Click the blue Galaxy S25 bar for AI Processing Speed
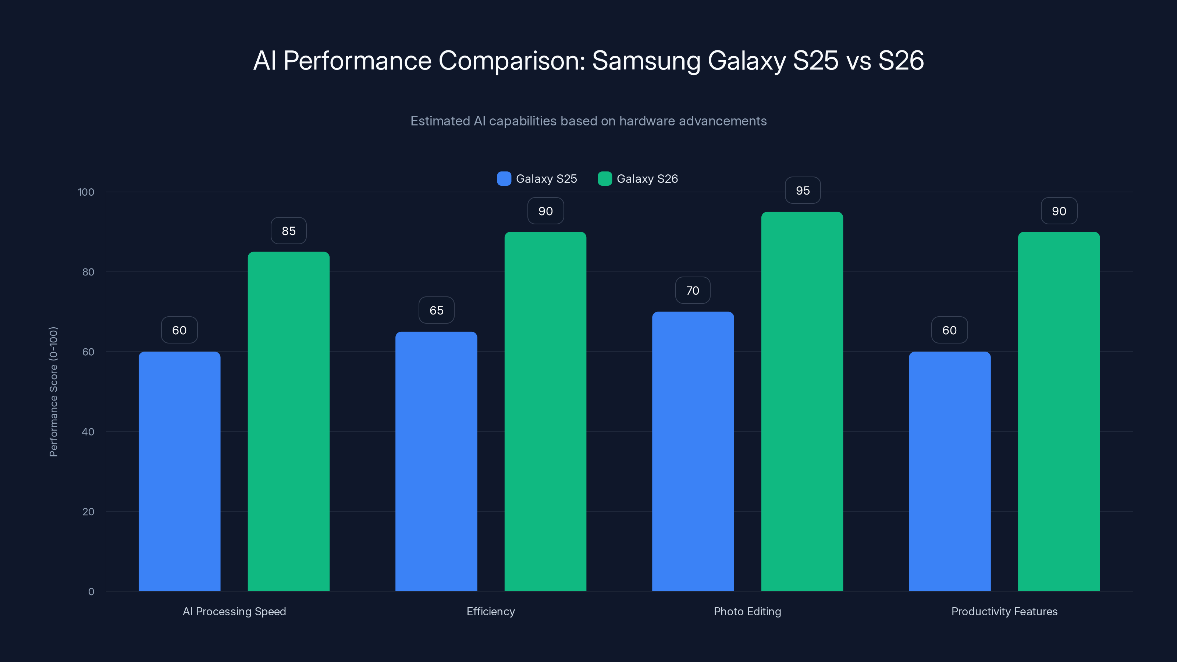179,471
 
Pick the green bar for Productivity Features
1059,411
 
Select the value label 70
692,291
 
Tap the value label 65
436,311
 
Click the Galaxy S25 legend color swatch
504,179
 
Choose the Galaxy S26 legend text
647,179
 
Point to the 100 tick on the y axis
86,192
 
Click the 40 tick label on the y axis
88,432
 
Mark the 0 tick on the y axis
91,592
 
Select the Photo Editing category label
747,611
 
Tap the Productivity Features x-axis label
1004,611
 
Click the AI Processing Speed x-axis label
234,611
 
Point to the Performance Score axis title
53,392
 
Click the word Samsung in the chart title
646,61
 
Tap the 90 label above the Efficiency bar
545,211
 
